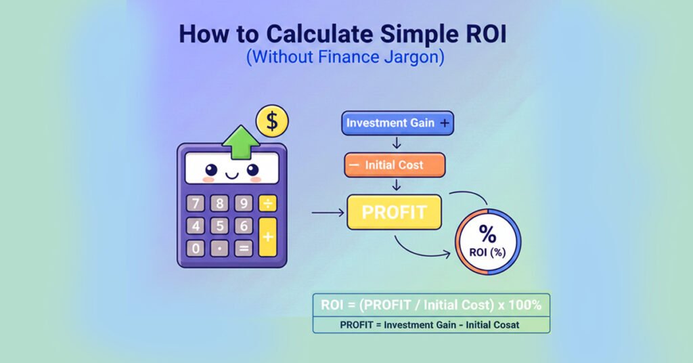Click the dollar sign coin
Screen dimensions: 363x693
pos(272,122)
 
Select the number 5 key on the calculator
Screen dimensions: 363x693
pos(219,226)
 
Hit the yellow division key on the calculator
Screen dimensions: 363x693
pos(268,203)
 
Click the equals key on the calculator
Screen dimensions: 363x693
pos(243,249)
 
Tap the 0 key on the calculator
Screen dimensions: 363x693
pos(196,249)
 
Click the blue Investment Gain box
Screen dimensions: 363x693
pos(397,123)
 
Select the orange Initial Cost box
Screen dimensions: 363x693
pos(395,165)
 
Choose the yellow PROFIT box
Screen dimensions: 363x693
pos(394,211)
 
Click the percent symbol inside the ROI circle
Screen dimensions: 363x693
pos(487,234)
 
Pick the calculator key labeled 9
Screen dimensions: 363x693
pos(243,203)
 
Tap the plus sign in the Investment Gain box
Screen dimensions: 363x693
pos(444,123)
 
